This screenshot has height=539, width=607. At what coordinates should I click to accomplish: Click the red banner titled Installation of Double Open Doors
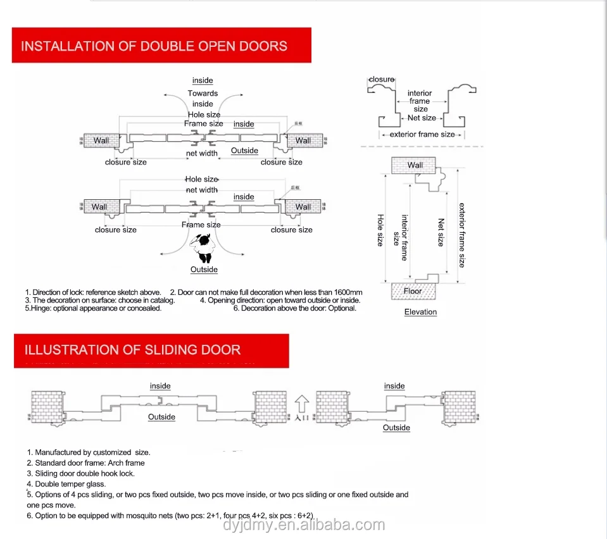(x=161, y=46)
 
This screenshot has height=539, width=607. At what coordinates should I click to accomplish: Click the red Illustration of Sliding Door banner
(x=151, y=350)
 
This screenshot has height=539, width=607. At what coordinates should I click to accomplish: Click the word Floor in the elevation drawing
(x=413, y=291)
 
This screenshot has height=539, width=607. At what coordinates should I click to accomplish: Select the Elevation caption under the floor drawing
(x=420, y=312)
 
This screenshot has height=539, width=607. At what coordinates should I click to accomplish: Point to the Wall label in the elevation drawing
(x=415, y=165)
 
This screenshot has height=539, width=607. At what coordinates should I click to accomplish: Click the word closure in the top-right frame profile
(x=382, y=80)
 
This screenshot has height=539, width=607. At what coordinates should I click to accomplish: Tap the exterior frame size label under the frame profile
(x=422, y=134)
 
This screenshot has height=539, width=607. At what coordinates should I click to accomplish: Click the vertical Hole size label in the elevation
(x=380, y=230)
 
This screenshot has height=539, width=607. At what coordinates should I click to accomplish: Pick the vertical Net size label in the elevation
(x=441, y=232)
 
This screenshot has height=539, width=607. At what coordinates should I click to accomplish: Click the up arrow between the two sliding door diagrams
(x=302, y=402)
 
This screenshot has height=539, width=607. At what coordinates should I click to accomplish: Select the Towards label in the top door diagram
(x=203, y=94)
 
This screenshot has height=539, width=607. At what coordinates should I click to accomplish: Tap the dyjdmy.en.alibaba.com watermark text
(x=304, y=524)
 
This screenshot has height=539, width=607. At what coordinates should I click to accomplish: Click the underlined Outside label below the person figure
(x=204, y=269)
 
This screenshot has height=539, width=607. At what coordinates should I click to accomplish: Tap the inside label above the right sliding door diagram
(x=394, y=386)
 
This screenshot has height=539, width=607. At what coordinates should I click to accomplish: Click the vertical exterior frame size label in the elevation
(x=461, y=235)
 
